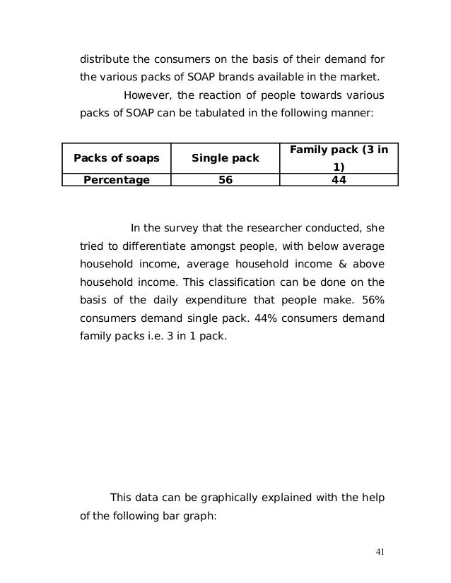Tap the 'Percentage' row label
117,180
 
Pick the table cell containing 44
339,180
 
